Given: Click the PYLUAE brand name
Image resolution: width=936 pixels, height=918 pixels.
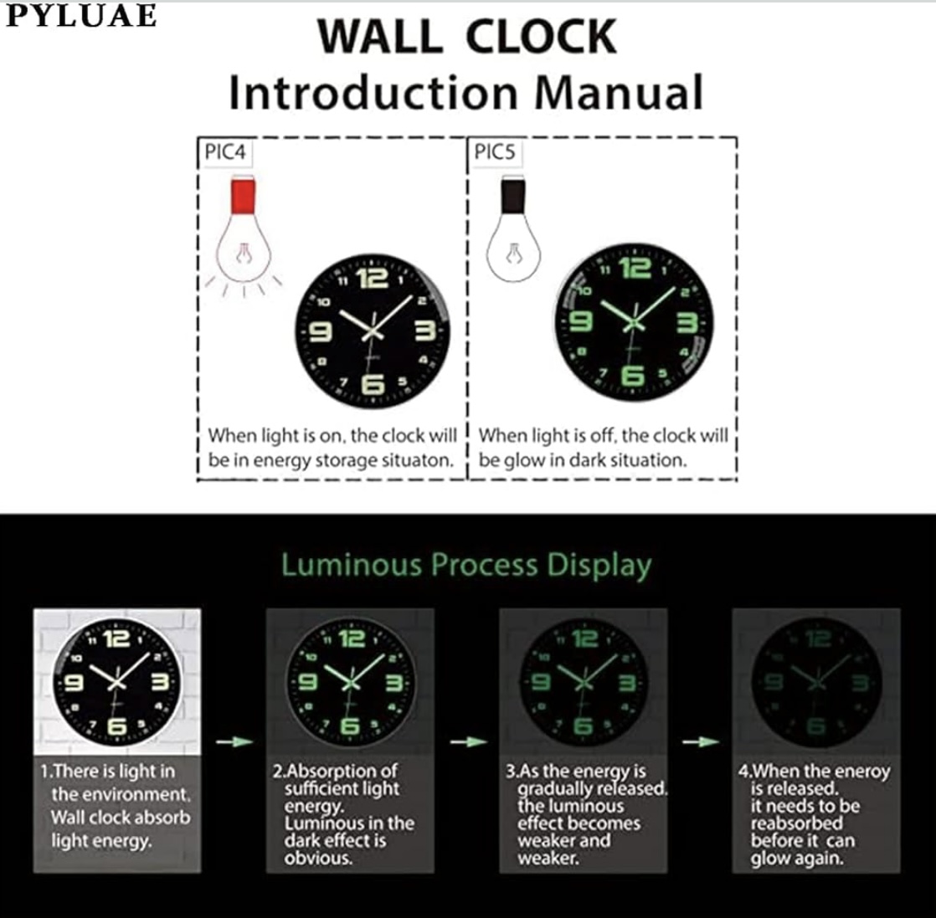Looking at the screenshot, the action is coord(81,16).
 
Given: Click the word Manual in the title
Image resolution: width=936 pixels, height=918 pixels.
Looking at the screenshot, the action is coord(619,93).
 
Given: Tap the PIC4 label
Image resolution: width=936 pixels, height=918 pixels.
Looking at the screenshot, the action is coord(225,152).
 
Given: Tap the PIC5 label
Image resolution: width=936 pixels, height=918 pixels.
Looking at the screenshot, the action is coord(494,152).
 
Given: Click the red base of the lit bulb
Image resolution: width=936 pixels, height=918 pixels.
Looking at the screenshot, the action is coord(243,195).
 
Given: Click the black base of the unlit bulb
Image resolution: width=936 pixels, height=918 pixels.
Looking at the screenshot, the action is coord(512,195).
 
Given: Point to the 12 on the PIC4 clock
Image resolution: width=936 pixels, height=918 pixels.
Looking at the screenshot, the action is coord(373,279).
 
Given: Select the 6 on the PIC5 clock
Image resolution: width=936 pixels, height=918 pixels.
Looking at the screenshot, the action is coord(633,376).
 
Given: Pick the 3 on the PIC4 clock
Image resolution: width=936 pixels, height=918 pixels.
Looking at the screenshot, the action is coord(425,331).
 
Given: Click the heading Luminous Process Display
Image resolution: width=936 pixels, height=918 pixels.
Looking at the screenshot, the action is coord(466,565).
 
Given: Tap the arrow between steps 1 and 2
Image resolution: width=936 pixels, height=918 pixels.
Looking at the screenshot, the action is coord(234,741).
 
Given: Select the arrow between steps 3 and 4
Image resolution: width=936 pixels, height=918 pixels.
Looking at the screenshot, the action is coord(701,741).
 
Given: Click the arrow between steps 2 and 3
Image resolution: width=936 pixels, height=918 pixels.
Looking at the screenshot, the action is coord(469,741).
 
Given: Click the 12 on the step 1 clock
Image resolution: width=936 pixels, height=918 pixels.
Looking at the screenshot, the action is coord(116,639).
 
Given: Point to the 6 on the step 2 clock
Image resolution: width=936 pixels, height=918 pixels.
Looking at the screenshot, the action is coord(350,726).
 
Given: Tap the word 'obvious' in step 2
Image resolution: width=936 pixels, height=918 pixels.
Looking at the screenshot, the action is coord(319,859).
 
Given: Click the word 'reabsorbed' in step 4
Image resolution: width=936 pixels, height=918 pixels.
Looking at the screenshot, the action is coord(796,823).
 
